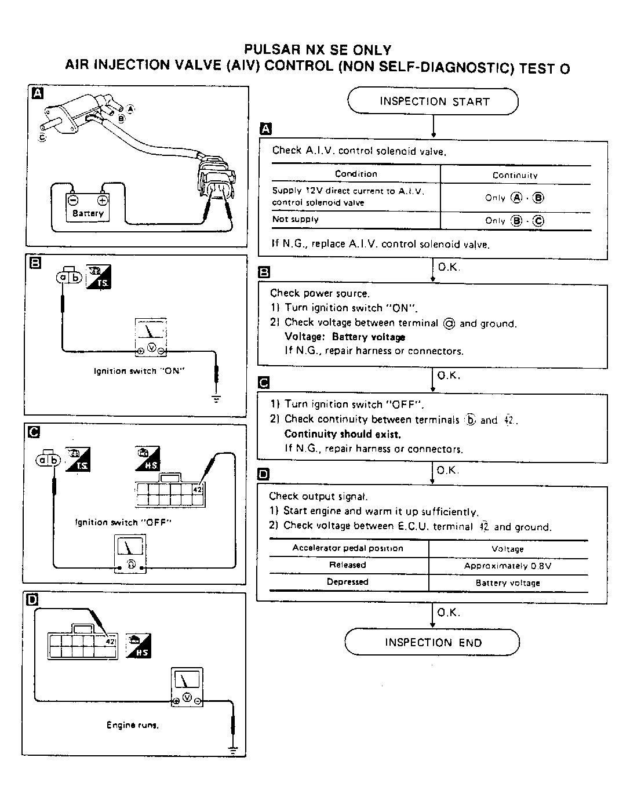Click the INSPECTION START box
(432, 101)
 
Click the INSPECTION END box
(432, 642)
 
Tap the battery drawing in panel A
(88, 207)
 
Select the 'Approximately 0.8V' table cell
(508, 566)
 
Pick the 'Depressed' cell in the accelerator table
(348, 582)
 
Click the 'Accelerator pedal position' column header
(348, 548)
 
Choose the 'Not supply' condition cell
(296, 219)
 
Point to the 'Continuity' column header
(515, 175)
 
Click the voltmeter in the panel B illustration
(151, 337)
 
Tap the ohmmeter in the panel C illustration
(130, 554)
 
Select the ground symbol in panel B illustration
(216, 399)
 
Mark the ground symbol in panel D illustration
(233, 750)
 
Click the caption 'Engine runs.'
(133, 725)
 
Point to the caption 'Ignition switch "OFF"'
(123, 522)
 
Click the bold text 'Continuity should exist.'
(343, 434)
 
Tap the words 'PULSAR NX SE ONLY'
(317, 50)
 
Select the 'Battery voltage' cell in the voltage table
(508, 583)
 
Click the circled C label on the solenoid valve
(42, 137)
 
